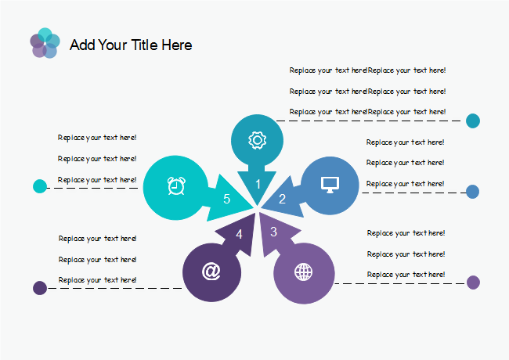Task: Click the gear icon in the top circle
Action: coord(256,140)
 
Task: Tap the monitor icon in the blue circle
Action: coord(330,184)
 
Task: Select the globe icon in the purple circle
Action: coord(302,272)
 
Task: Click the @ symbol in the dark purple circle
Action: coord(211,271)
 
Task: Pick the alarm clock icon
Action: coord(176,185)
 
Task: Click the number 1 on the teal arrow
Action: coord(258,185)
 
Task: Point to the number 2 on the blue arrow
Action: coord(283,199)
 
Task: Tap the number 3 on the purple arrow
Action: coord(273,232)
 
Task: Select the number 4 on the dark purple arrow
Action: coord(240,233)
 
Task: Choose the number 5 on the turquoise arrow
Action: coord(226,199)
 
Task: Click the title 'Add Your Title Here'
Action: coord(131,45)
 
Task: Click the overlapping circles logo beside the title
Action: coord(45,44)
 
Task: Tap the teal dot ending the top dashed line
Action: coord(473,121)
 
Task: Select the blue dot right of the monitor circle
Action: coord(472,191)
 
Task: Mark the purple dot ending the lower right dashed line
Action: coord(473,283)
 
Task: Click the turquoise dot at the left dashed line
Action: coord(40,186)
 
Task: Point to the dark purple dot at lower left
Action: coord(40,288)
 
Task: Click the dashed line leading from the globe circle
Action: coord(399,283)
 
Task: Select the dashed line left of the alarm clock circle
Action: coord(94,188)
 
